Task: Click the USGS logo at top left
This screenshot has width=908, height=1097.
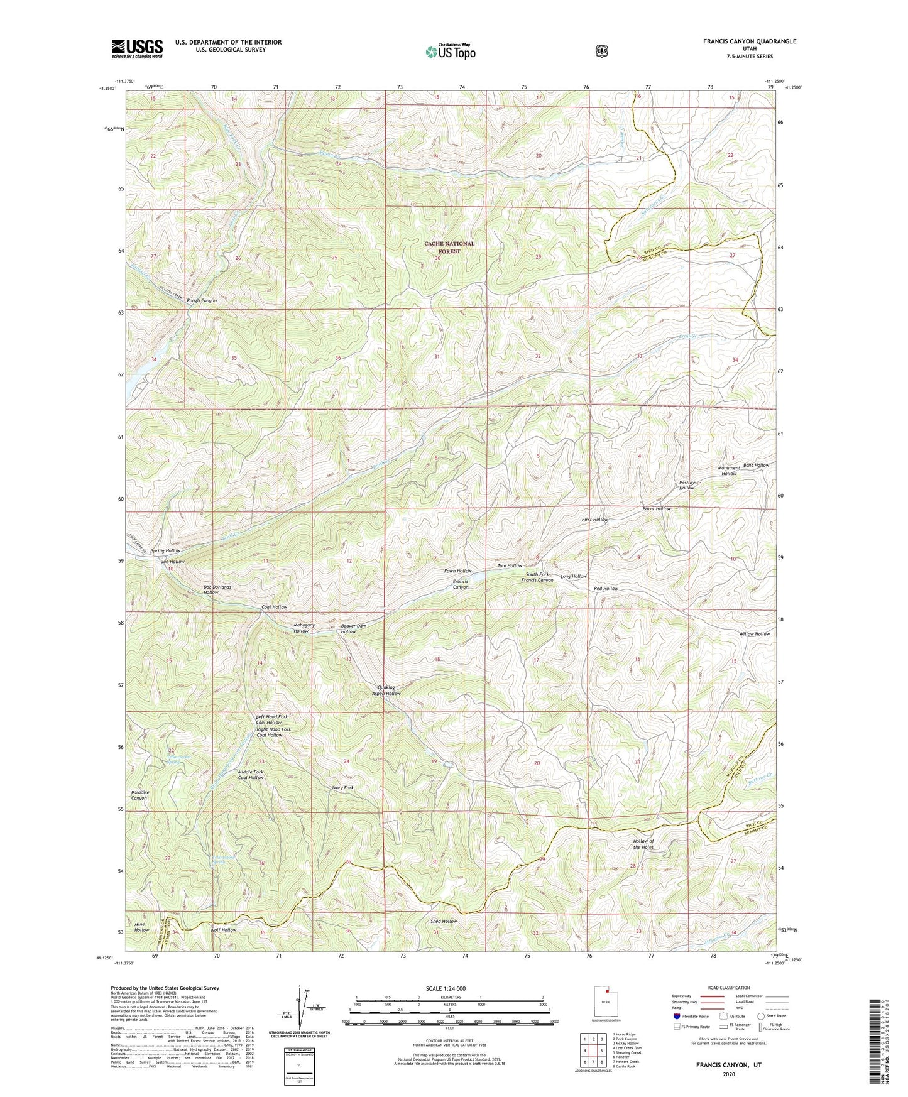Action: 137,48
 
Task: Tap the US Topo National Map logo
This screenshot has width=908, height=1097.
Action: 449,51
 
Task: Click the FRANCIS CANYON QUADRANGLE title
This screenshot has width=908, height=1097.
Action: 749,41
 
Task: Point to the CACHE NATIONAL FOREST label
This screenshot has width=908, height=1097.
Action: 449,247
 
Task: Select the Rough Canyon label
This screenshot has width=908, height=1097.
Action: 201,300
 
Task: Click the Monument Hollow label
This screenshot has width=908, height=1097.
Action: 729,471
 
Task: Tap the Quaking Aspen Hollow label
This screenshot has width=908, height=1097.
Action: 386,690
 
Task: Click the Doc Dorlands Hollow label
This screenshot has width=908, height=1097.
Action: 217,589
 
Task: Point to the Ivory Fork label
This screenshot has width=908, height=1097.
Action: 342,787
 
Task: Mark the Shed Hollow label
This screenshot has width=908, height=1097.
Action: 444,921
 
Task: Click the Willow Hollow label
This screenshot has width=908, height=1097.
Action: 754,634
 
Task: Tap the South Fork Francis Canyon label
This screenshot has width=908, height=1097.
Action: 537,577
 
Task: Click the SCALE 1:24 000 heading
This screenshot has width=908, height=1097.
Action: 446,988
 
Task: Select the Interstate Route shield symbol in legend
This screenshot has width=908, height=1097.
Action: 676,1016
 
